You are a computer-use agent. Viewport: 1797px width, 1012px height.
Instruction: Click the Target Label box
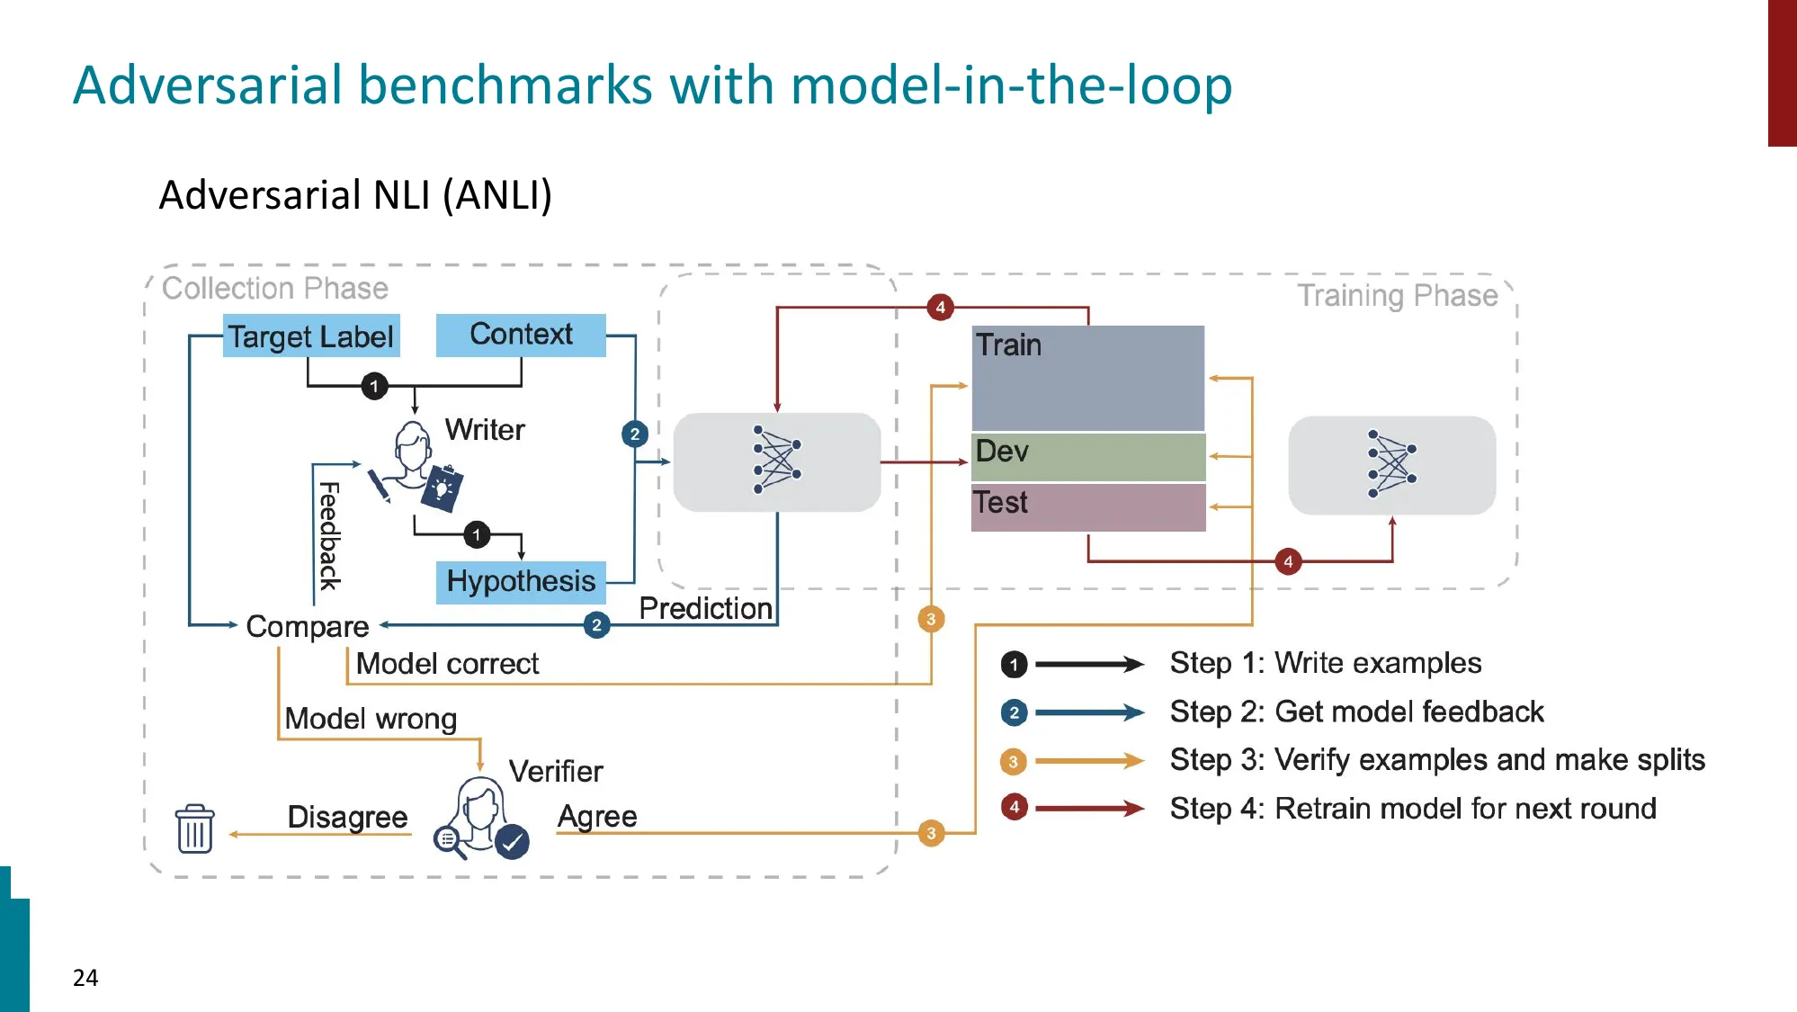(x=310, y=336)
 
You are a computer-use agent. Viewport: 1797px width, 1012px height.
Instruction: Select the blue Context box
(x=521, y=335)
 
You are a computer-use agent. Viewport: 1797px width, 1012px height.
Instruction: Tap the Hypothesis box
(x=521, y=581)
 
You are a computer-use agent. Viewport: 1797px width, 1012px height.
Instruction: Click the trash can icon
(x=194, y=828)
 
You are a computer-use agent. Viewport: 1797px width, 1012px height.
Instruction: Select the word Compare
(x=307, y=626)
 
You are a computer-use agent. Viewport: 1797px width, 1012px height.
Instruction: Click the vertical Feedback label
(x=329, y=536)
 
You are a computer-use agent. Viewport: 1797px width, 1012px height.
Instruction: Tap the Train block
(x=1087, y=378)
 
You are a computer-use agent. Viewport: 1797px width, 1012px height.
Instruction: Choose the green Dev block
(x=1087, y=456)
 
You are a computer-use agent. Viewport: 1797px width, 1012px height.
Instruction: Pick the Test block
(x=1087, y=506)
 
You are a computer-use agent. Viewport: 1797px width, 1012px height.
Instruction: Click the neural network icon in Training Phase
(x=1391, y=464)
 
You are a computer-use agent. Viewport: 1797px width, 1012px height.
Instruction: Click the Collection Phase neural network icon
(x=777, y=461)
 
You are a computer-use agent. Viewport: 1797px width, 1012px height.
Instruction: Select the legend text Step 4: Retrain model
(x=1412, y=808)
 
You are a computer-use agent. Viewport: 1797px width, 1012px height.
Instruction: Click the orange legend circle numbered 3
(x=1013, y=762)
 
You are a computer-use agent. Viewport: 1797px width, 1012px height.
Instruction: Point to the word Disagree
(x=347, y=817)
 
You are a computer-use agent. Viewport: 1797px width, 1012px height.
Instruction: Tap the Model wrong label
(x=371, y=719)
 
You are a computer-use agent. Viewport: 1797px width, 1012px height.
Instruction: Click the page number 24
(x=85, y=978)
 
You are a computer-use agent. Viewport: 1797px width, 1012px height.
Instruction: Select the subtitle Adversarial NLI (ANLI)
(x=355, y=195)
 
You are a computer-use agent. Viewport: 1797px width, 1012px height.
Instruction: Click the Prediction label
(x=705, y=609)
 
